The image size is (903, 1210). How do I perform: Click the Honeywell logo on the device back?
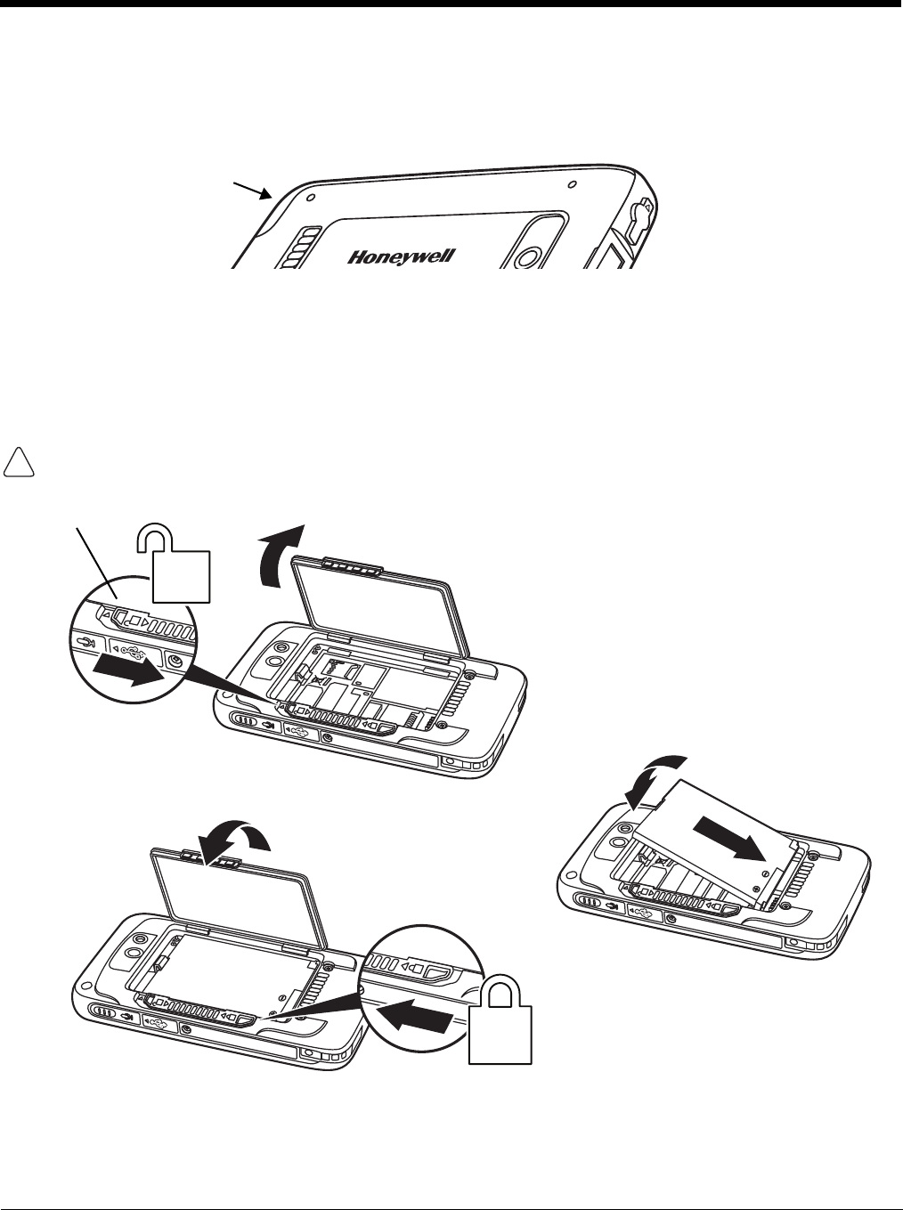(x=402, y=257)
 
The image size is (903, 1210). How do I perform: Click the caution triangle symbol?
(x=20, y=462)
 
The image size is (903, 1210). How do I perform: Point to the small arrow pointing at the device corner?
(x=253, y=189)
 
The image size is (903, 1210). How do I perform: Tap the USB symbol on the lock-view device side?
(x=161, y=1021)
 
